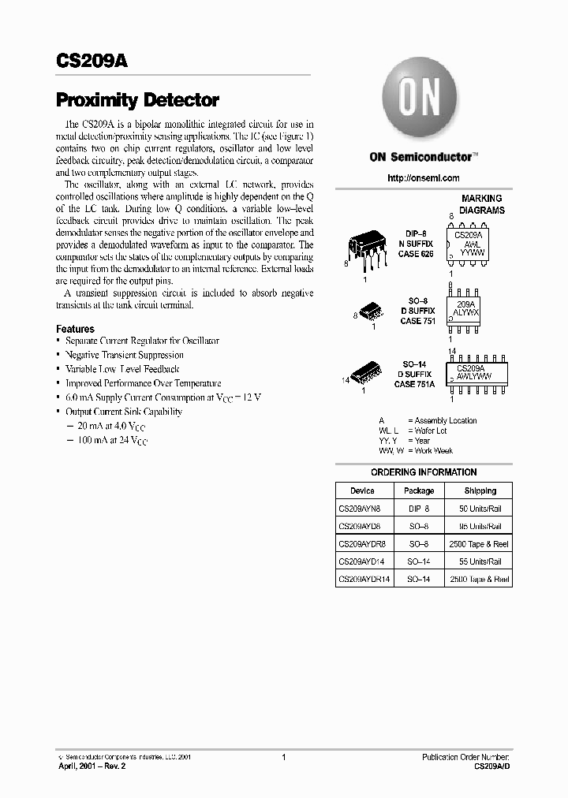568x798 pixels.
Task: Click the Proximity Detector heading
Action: [x=137, y=100]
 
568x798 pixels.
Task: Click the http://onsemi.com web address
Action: [x=423, y=178]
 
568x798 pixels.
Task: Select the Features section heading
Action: [x=75, y=329]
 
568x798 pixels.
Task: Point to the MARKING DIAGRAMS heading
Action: [x=481, y=204]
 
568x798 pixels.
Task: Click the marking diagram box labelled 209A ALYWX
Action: [x=467, y=308]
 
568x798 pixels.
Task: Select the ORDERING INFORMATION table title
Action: [x=424, y=472]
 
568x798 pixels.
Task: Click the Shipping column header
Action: [x=480, y=490]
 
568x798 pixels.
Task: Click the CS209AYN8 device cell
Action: [x=360, y=509]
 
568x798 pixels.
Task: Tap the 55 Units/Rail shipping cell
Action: [x=480, y=562]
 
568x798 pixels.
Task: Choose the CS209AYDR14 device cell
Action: [x=364, y=580]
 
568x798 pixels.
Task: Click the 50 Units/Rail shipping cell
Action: [x=480, y=509]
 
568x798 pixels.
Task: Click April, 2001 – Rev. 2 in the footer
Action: [x=92, y=766]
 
